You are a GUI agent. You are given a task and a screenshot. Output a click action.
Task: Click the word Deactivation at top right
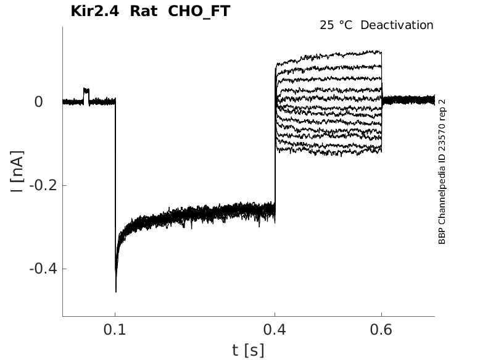tap(397, 25)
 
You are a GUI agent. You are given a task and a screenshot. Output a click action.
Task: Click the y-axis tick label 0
tap(39, 101)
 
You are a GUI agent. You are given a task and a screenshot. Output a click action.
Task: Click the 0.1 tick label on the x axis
tap(115, 329)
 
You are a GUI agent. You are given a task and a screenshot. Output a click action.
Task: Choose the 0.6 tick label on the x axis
tap(381, 329)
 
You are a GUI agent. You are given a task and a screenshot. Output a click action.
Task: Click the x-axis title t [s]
tap(248, 350)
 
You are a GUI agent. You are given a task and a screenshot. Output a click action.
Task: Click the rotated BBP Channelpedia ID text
tap(442, 171)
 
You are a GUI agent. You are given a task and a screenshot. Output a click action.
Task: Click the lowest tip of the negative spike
tap(116, 290)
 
